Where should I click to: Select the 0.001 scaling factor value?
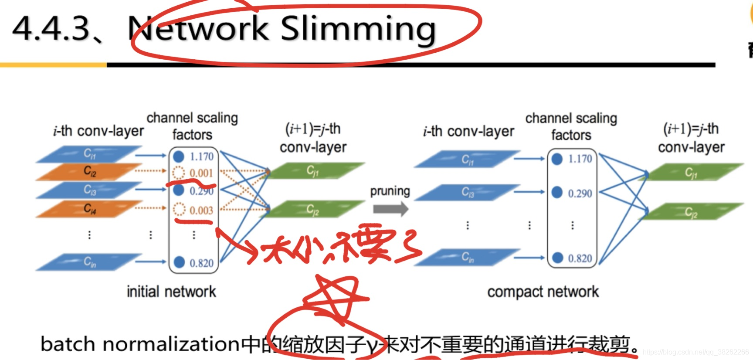point(201,173)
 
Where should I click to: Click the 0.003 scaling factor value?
point(201,211)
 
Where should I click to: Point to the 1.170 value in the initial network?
point(201,156)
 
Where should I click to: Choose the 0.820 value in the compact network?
point(580,258)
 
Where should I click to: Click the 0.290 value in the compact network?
point(580,193)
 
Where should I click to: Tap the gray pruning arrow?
point(390,209)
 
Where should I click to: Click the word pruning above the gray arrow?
point(390,191)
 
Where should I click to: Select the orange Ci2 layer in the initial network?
point(89,171)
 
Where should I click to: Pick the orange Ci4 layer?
point(89,209)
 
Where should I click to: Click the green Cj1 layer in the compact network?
point(691,173)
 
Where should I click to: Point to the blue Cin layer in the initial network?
point(89,262)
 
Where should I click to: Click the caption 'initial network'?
point(171,292)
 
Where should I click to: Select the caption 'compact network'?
point(543,292)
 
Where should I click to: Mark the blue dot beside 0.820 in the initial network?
point(179,262)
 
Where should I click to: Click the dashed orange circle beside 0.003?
point(179,210)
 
